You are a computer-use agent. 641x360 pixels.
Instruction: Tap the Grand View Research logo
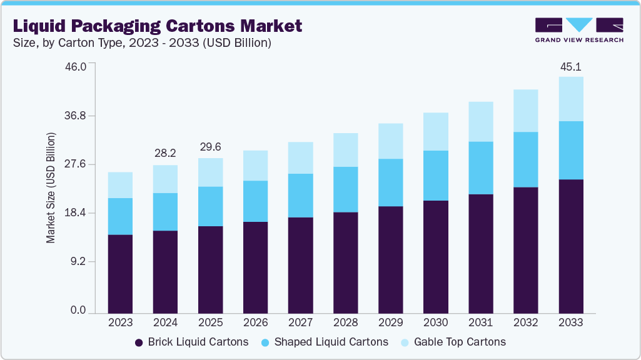pos(579,30)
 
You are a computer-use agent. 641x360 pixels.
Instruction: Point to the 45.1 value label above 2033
pos(570,67)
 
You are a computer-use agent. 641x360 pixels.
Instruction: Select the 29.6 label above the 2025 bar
pos(210,147)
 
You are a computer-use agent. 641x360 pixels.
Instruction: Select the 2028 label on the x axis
pos(345,323)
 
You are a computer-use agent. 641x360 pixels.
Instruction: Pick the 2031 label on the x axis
pos(480,323)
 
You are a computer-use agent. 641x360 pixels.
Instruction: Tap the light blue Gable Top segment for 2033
pos(570,99)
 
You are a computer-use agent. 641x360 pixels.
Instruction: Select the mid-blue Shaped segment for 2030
pos(435,176)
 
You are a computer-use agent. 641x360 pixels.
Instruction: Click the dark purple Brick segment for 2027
pos(300,265)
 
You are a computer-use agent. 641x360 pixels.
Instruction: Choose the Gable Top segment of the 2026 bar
pos(255,166)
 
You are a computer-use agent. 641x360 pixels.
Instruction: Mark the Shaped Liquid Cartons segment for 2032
pos(525,159)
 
